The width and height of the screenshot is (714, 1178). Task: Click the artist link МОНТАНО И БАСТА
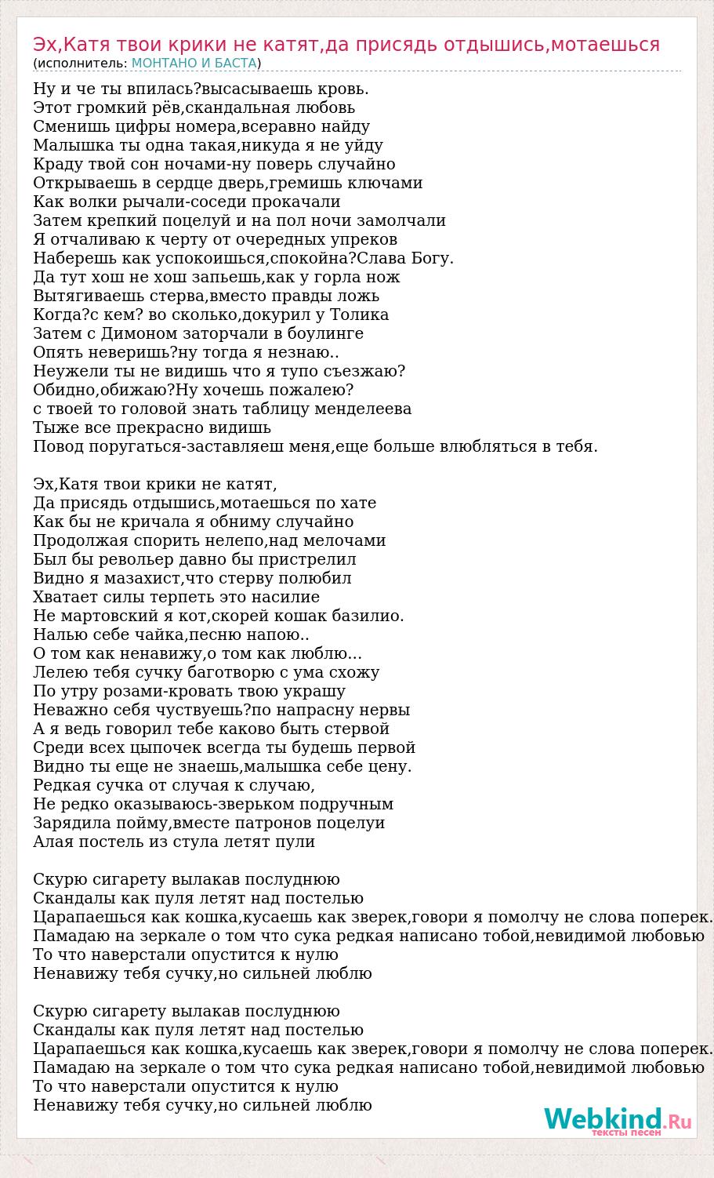click(x=194, y=64)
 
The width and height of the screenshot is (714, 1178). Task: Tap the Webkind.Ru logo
click(x=618, y=1120)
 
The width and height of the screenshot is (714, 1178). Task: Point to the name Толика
click(x=360, y=314)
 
